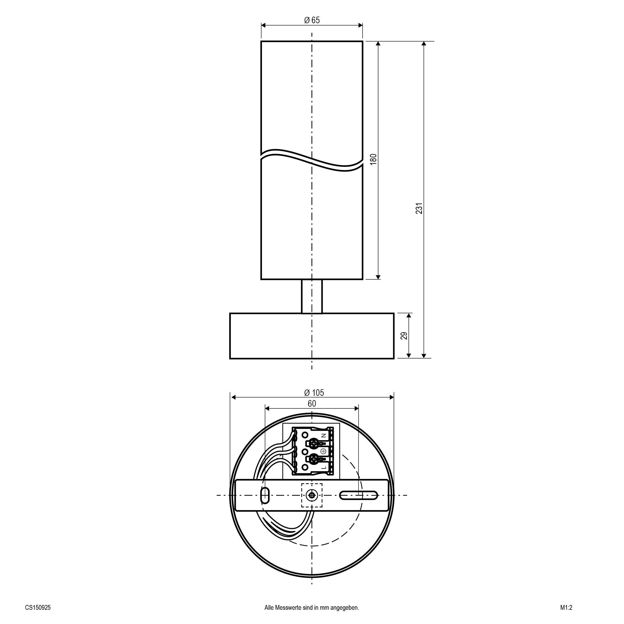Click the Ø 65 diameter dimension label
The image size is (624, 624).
click(x=312, y=20)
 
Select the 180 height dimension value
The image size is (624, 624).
click(x=373, y=159)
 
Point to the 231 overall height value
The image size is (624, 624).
click(x=419, y=208)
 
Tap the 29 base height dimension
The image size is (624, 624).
click(x=404, y=336)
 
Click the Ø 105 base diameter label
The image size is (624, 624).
click(x=314, y=393)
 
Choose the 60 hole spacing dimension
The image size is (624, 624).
click(x=312, y=404)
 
